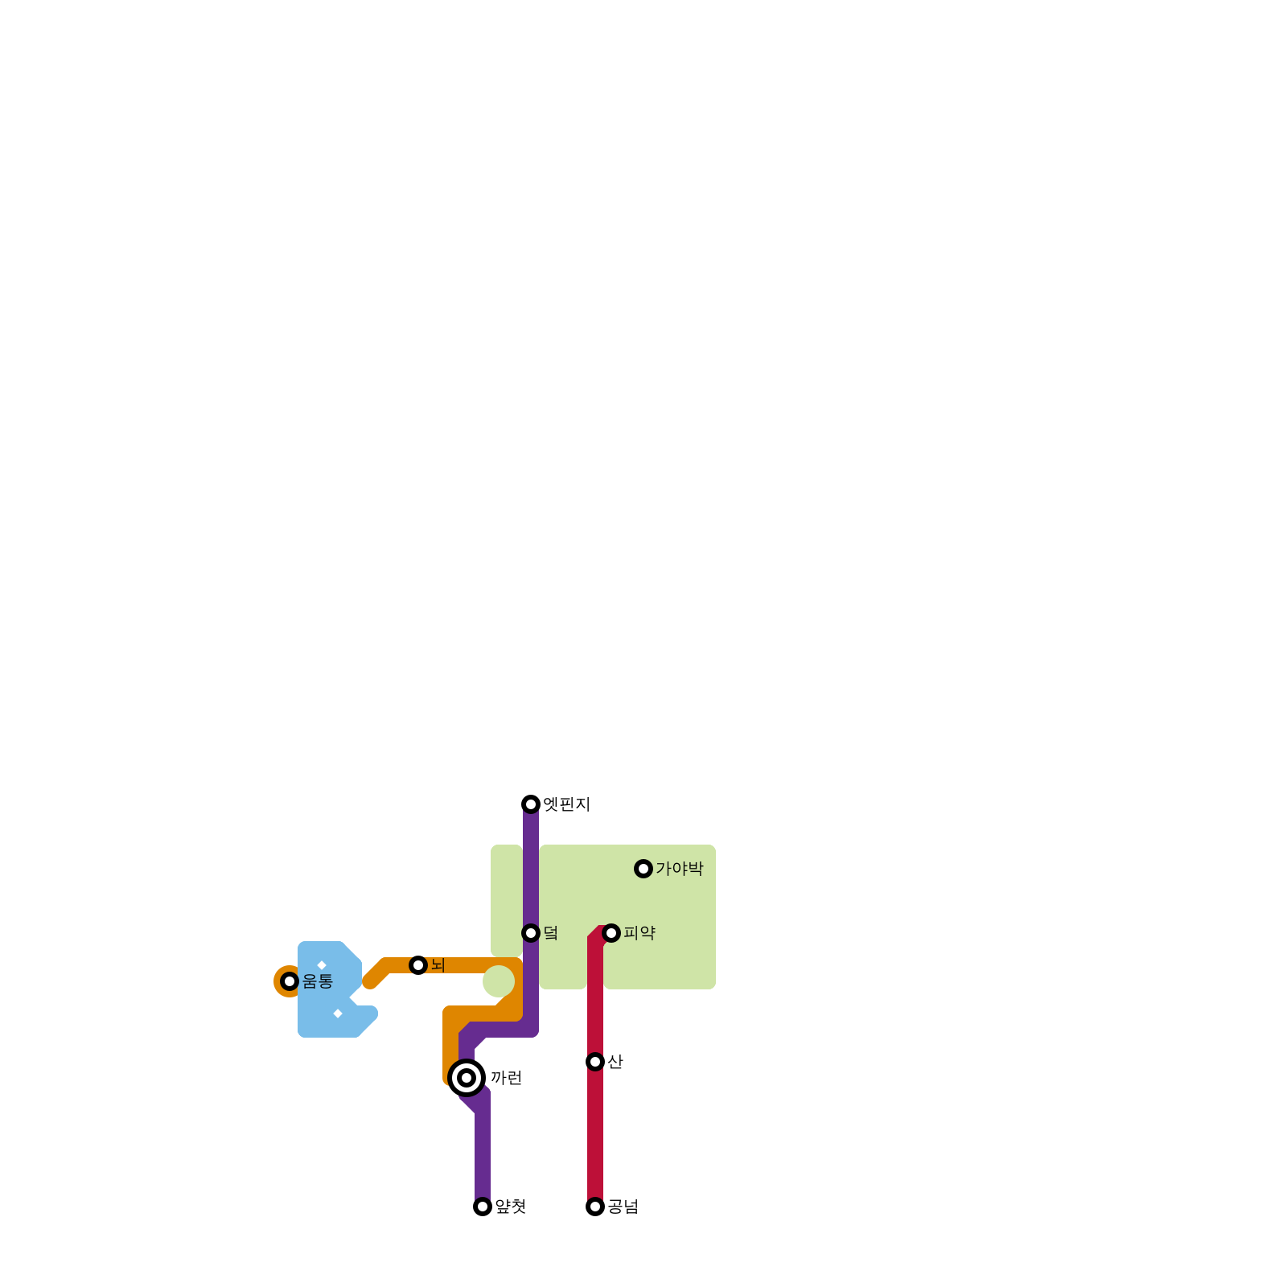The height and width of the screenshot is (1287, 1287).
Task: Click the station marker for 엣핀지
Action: click(x=531, y=804)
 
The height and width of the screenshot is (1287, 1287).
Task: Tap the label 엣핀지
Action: click(x=567, y=804)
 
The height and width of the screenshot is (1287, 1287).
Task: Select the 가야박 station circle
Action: click(x=643, y=869)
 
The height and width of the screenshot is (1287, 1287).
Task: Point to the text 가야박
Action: click(x=680, y=869)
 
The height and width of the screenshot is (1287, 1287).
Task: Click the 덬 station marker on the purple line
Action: click(x=531, y=933)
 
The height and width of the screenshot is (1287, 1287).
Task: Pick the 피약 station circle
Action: click(x=611, y=933)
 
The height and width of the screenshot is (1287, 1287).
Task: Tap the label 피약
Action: click(x=639, y=933)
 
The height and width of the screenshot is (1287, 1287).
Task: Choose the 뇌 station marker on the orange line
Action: click(x=418, y=965)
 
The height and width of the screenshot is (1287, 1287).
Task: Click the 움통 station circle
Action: click(x=290, y=981)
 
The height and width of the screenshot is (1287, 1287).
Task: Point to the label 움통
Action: click(x=318, y=981)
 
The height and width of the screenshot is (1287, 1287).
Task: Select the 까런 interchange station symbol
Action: click(x=467, y=1078)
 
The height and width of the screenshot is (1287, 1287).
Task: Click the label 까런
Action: click(x=507, y=1078)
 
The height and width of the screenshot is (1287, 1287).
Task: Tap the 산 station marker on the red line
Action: click(x=595, y=1062)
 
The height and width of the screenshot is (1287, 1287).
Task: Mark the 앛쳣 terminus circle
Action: click(x=483, y=1207)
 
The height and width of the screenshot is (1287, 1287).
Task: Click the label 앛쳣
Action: click(x=511, y=1207)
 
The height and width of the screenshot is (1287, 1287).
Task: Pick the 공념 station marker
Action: click(x=595, y=1207)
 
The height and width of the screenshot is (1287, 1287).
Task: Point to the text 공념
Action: click(x=623, y=1207)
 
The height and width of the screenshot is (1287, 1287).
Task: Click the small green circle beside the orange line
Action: click(x=499, y=981)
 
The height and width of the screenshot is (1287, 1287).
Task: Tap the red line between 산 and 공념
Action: click(x=595, y=1134)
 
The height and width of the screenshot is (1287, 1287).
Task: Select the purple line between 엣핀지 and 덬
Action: click(x=531, y=869)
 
